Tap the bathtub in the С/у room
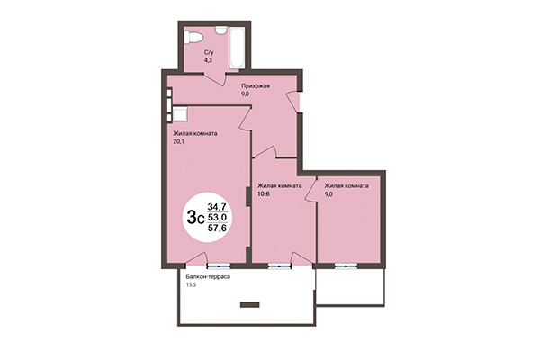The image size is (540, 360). [x=238, y=49]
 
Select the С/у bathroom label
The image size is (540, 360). [x=208, y=53]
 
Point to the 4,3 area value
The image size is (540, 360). [x=207, y=61]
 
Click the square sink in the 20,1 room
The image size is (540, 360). [x=179, y=113]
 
